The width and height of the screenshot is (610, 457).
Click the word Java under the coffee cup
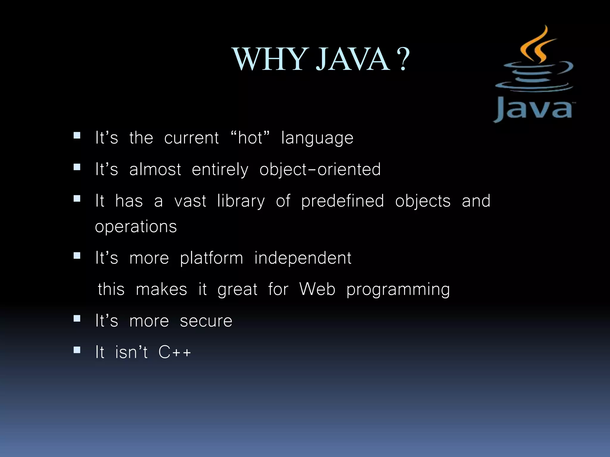(x=533, y=109)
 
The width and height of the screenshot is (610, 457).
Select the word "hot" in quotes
(x=250, y=138)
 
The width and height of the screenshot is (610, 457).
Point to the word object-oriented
(x=320, y=170)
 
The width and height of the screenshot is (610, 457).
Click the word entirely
(x=220, y=170)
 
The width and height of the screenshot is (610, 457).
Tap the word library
(x=241, y=201)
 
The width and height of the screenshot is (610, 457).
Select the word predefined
(x=343, y=201)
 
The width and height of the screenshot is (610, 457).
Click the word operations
(x=136, y=227)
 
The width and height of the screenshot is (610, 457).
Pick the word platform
(x=211, y=258)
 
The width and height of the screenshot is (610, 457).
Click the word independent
(x=303, y=258)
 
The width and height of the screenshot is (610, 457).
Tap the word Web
(x=317, y=289)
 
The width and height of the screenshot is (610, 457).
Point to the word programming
(x=398, y=289)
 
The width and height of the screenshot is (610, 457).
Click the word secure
(x=206, y=321)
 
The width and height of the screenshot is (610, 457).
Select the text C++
(x=175, y=352)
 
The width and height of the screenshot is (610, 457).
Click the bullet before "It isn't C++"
(x=77, y=350)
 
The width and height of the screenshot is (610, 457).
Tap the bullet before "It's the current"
(x=77, y=136)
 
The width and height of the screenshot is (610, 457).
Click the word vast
(x=190, y=201)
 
